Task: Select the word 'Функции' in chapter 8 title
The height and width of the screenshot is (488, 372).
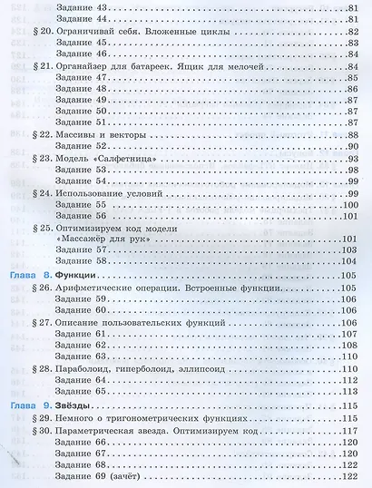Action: point(75,274)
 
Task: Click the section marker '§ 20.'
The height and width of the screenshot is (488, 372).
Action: point(40,29)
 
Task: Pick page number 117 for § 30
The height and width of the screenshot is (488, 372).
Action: point(352,429)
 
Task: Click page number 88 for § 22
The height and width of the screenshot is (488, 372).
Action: point(353,133)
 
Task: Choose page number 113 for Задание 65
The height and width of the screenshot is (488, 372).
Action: point(352,391)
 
